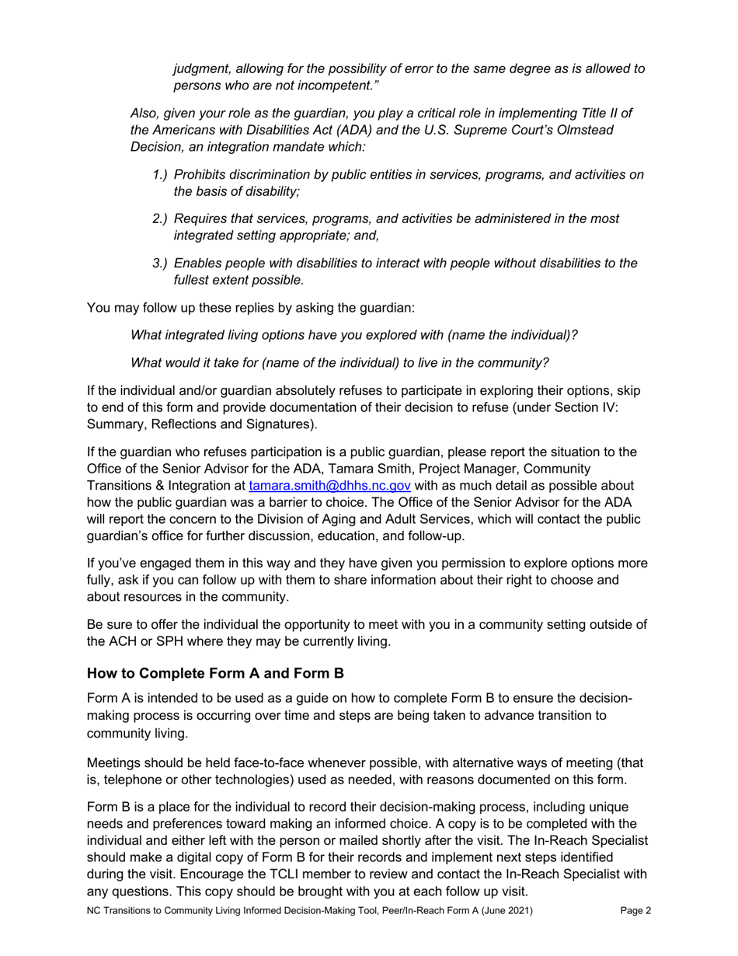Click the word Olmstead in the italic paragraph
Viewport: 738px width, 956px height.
coord(576,130)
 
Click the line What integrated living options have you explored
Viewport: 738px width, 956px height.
coord(353,335)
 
